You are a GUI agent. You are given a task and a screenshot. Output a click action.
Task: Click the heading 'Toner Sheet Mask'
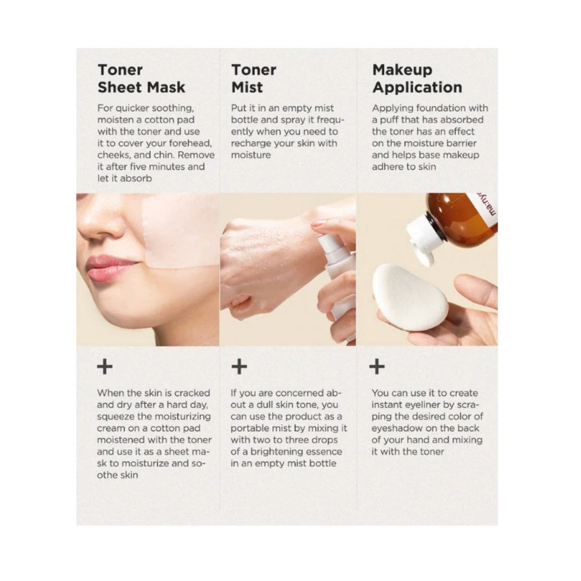tap(141, 78)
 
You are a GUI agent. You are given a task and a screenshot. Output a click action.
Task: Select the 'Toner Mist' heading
tap(254, 78)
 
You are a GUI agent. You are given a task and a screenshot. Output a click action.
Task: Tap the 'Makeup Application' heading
tap(417, 78)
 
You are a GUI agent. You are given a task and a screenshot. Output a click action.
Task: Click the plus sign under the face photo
tap(105, 367)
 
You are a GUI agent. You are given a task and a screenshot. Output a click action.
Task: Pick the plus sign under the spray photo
tap(239, 367)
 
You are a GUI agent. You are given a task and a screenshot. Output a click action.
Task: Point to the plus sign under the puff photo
tap(377, 367)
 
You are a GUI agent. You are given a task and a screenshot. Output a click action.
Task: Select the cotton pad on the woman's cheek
tap(181, 231)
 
